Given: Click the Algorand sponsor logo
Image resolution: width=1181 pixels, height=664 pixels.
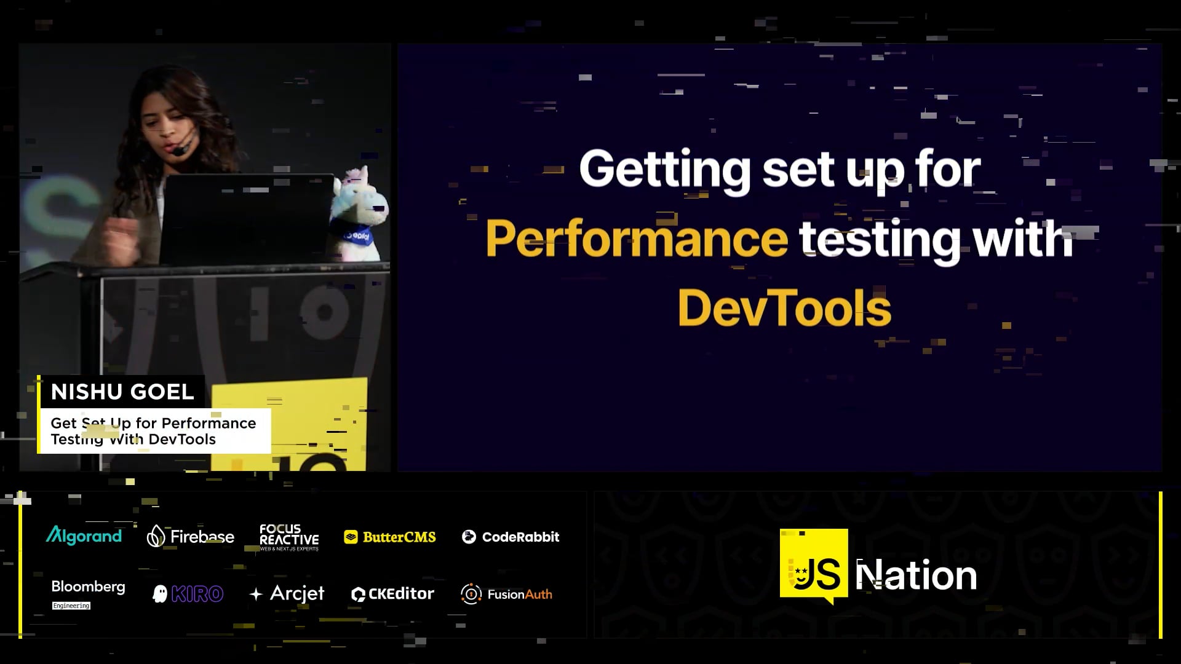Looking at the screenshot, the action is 84,536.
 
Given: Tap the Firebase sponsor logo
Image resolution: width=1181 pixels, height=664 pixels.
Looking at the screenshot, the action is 191,536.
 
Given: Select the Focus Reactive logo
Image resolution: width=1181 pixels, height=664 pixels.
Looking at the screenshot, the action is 289,537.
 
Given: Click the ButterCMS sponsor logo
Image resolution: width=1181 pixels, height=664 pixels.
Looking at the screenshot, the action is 390,537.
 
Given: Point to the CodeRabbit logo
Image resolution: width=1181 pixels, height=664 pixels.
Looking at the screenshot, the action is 511,537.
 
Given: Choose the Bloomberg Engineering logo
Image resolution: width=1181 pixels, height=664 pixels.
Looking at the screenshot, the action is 88,594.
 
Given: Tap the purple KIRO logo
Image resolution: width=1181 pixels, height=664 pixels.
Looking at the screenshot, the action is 188,594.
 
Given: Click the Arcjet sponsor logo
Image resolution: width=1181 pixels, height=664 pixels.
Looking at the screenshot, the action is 287,593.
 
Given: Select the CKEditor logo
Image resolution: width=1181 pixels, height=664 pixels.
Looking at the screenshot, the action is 392,594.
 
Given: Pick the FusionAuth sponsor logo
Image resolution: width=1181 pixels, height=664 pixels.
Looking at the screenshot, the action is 506,594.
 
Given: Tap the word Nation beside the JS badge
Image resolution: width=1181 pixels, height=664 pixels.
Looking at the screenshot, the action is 916,575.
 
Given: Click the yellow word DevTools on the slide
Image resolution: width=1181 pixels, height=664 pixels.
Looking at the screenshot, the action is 784,308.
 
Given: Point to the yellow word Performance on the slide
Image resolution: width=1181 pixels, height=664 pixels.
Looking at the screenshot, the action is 637,239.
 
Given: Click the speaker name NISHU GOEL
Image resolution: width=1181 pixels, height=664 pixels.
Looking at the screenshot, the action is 122,392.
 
